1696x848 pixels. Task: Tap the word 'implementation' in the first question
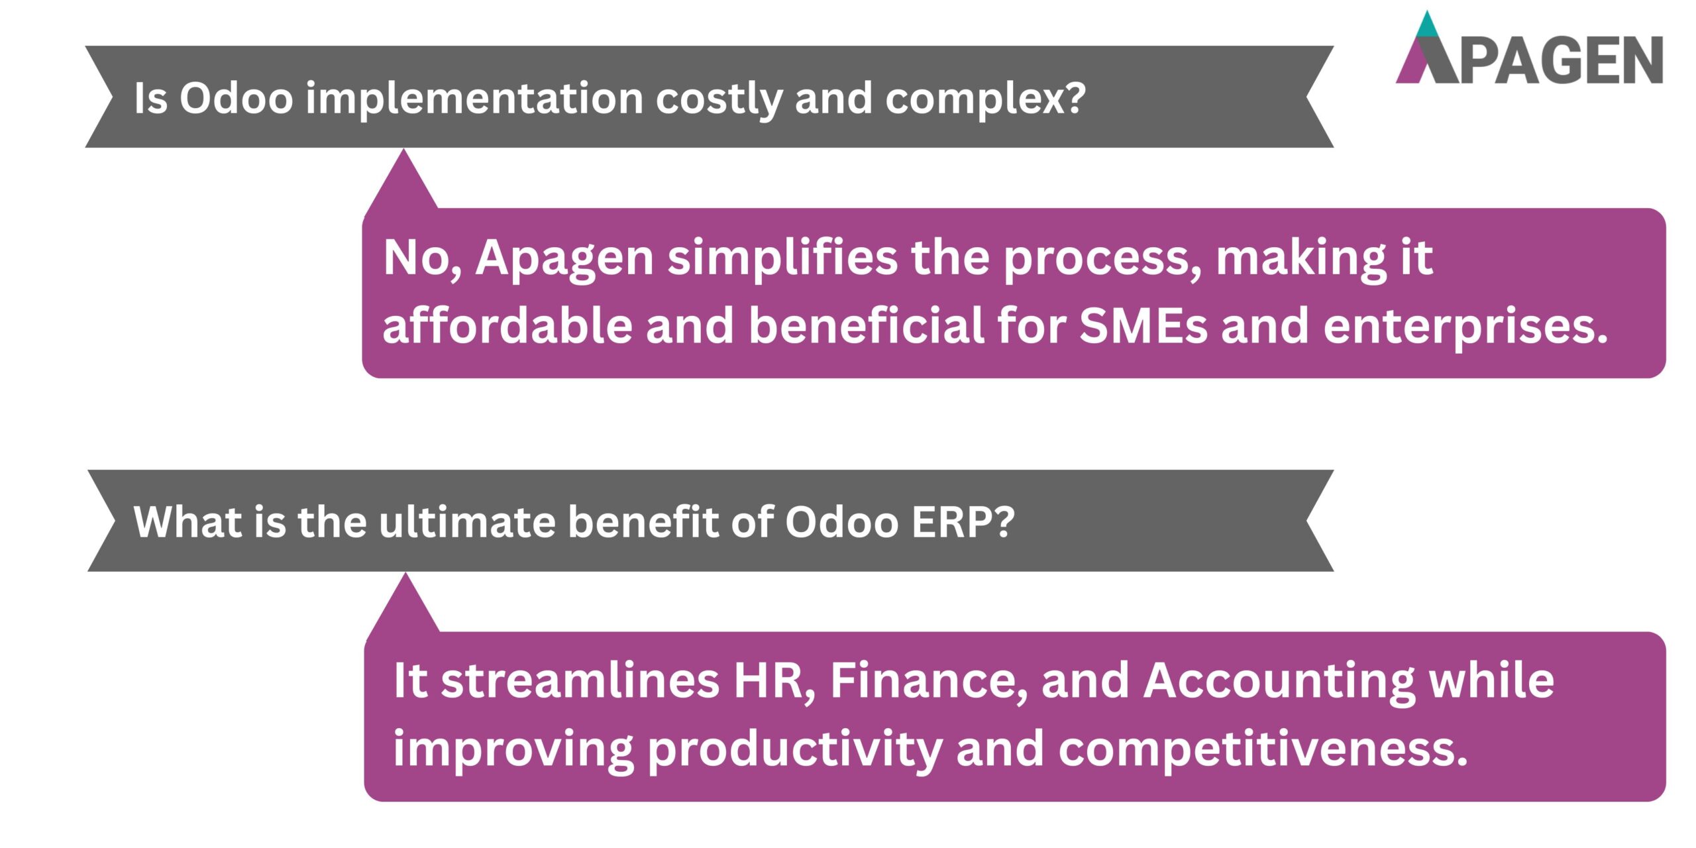click(x=474, y=99)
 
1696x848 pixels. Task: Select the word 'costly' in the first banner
click(x=718, y=99)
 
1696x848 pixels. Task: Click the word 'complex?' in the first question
click(x=985, y=99)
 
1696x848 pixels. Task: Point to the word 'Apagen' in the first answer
click(x=564, y=258)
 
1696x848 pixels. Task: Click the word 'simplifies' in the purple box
click(x=782, y=258)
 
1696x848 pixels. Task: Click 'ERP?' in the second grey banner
click(x=963, y=522)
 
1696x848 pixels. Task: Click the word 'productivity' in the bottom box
click(x=794, y=750)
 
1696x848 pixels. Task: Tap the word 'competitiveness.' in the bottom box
click(x=1263, y=750)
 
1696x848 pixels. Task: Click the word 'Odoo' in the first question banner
click(x=236, y=99)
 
